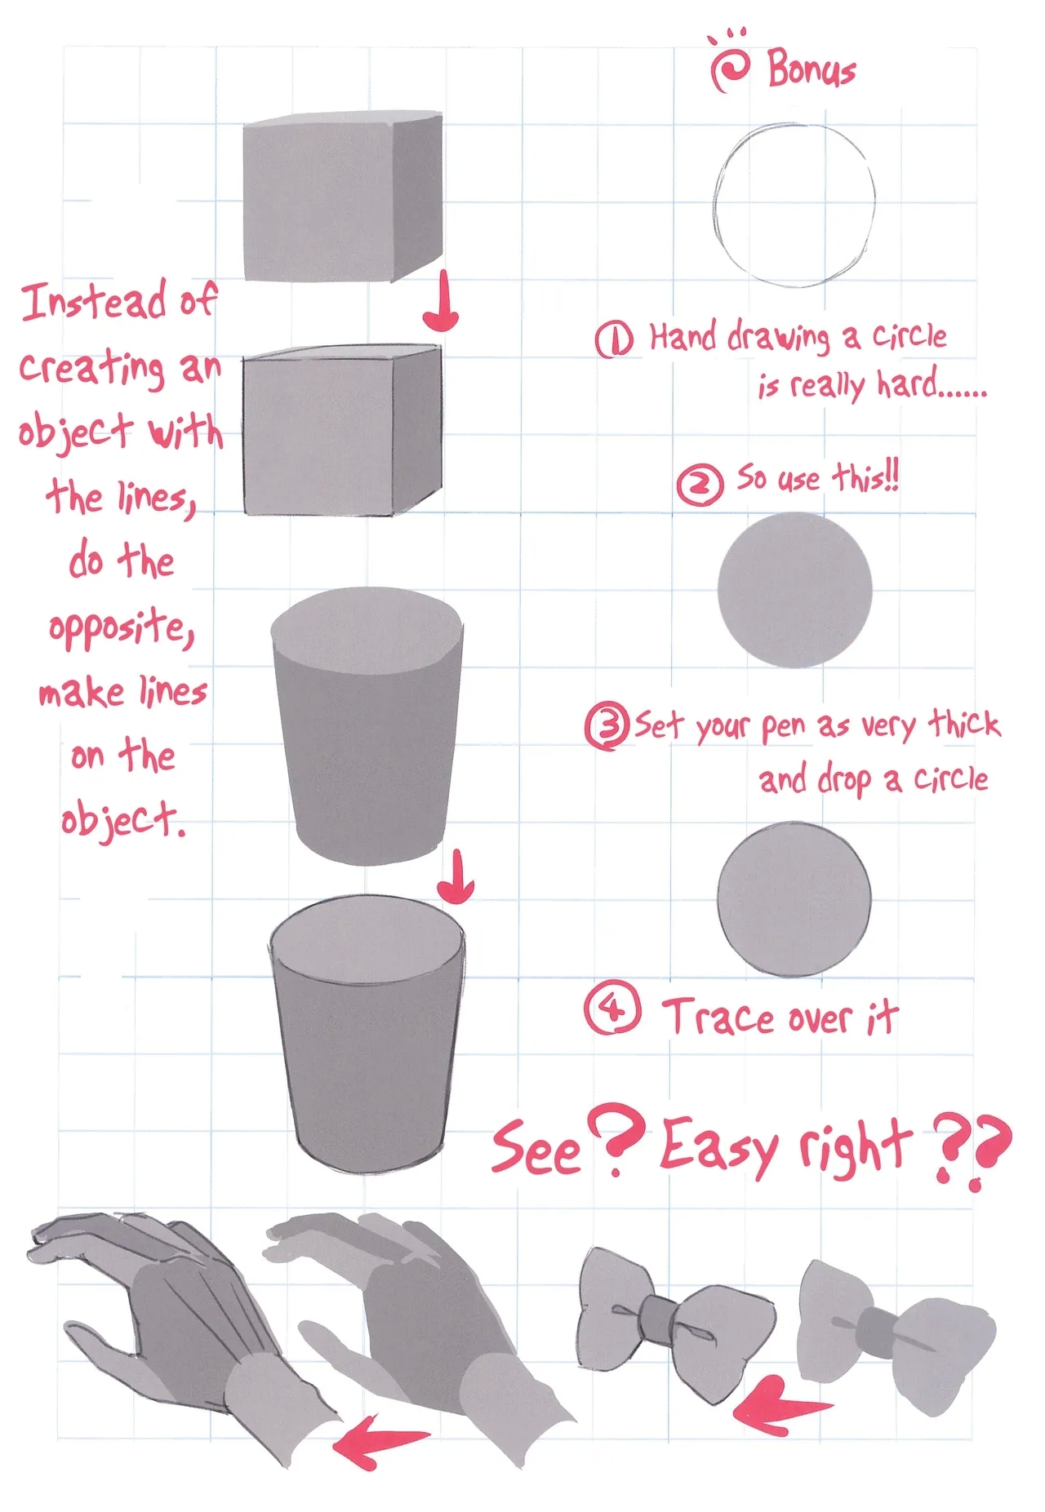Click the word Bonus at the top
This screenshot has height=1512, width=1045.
[x=812, y=68]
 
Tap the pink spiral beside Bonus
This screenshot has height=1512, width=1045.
[x=729, y=69]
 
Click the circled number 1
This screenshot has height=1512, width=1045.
[x=614, y=339]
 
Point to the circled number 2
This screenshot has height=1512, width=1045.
[x=700, y=485]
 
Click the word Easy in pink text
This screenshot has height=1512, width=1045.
[x=718, y=1146]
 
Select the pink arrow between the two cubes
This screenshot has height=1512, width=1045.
[x=442, y=303]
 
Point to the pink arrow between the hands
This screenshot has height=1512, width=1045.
[x=380, y=1442]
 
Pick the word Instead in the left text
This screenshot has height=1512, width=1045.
[x=95, y=301]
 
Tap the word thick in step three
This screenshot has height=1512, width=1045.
[x=964, y=723]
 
